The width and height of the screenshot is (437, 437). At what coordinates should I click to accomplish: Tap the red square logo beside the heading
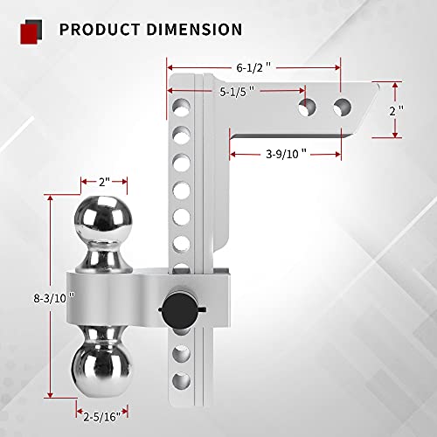click(x=32, y=29)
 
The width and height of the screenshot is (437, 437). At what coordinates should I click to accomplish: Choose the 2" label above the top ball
click(x=104, y=182)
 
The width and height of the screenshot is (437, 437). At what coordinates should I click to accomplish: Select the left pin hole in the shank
click(x=308, y=107)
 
